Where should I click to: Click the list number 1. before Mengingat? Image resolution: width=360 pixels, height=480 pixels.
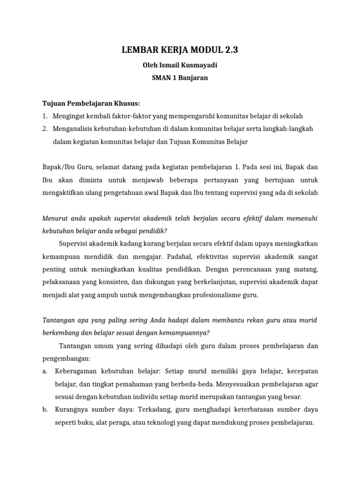point(45,116)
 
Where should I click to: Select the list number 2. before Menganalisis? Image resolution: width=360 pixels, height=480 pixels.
point(45,128)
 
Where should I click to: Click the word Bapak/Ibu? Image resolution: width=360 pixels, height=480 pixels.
point(58,167)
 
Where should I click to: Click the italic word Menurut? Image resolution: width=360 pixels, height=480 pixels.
point(55,218)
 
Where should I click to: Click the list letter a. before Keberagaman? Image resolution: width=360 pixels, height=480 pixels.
point(45,371)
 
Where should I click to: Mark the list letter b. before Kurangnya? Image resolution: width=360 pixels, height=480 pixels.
point(45,409)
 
